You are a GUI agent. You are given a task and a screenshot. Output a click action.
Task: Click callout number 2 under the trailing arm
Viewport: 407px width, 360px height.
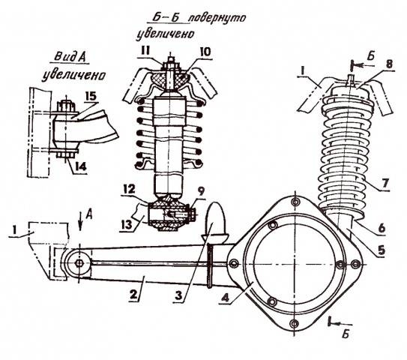coord(133,295)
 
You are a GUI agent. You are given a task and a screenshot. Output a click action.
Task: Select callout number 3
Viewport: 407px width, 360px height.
coord(178,295)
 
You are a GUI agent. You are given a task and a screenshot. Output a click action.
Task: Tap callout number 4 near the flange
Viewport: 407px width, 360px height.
coord(226,297)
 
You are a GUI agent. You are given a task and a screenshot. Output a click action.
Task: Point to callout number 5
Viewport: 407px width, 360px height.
coord(382,250)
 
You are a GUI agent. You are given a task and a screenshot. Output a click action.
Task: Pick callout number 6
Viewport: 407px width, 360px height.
coord(382,228)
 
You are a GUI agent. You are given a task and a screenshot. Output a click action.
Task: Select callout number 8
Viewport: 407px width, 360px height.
coord(388,64)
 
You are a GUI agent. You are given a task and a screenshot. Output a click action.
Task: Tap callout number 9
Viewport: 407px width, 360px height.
coord(201,191)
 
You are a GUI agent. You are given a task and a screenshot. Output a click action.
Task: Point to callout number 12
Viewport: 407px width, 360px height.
coord(130,189)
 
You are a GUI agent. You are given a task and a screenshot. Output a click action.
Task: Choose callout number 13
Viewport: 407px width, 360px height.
coord(127,225)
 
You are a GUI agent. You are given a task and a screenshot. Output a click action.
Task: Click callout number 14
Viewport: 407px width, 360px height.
coord(80,166)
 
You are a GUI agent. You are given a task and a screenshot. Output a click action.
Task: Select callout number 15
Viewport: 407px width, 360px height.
coord(91,97)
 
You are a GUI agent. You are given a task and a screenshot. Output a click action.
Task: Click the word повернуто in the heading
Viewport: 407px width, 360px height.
coord(216,19)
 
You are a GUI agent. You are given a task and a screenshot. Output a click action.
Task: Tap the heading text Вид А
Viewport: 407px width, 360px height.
coord(70,57)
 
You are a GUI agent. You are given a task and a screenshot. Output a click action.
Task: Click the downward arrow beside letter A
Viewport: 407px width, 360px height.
coord(81,221)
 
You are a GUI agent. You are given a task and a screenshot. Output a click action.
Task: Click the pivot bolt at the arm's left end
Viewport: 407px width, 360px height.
coord(79,263)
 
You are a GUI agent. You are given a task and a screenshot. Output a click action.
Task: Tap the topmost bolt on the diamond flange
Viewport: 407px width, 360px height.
coord(295,202)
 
